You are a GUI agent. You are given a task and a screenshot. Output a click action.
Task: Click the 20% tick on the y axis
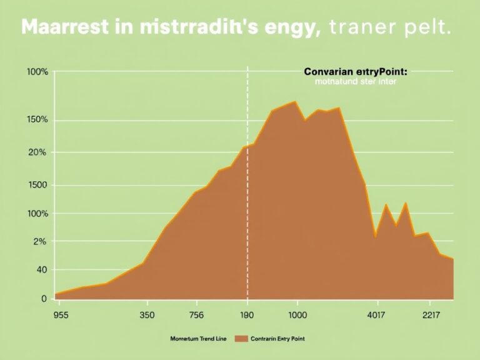pos(37,152)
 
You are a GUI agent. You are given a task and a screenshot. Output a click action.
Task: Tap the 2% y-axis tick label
pos(39,241)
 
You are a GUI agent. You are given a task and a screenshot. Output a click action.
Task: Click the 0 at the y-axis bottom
pos(44,299)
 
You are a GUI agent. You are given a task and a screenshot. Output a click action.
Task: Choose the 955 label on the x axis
pos(62,315)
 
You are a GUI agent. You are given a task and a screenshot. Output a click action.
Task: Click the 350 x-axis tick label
pos(148,315)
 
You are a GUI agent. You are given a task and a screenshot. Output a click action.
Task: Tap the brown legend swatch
pos(241,338)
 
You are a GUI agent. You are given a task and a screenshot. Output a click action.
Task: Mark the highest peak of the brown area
pos(294,101)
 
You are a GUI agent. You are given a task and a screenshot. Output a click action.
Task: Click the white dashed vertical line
pos(247,187)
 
